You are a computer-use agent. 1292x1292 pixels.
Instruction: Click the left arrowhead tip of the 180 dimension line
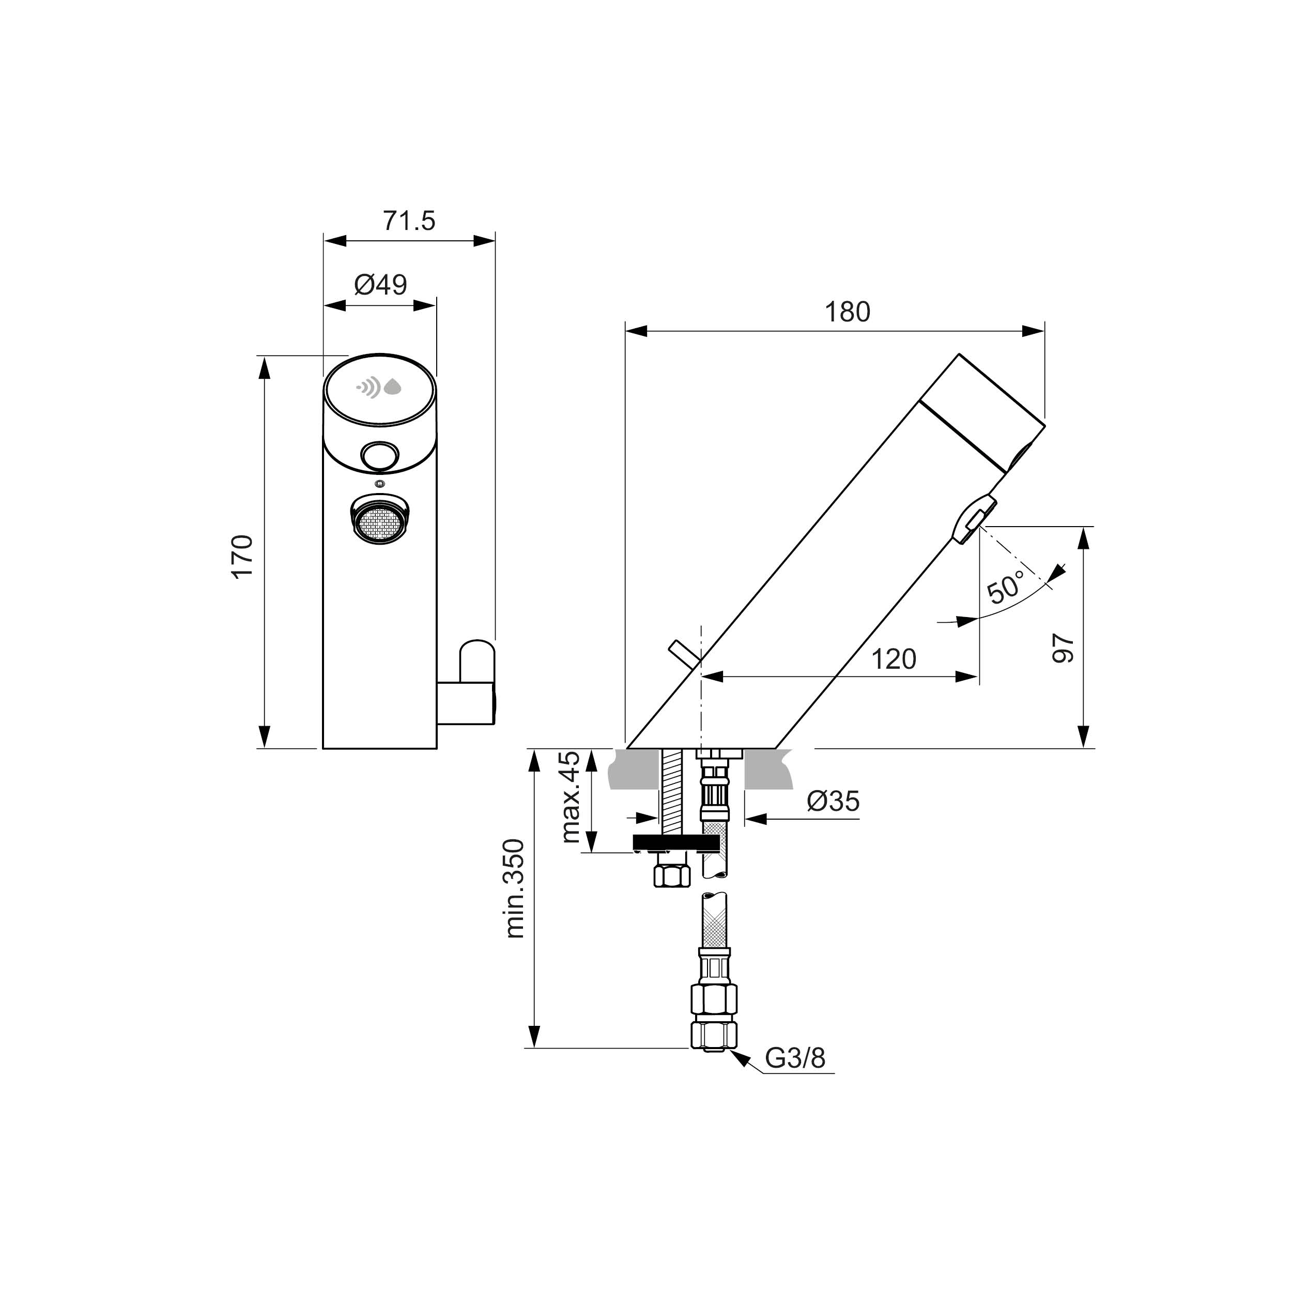pyautogui.click(x=626, y=330)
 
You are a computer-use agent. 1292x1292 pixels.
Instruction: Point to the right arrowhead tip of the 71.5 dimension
pyautogui.click(x=495, y=240)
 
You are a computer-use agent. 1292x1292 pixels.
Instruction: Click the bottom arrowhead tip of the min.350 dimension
pyautogui.click(x=534, y=1048)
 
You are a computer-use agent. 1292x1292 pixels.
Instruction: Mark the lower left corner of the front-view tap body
pyautogui.click(x=324, y=748)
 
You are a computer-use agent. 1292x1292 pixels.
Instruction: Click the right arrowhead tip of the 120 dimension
pyautogui.click(x=978, y=677)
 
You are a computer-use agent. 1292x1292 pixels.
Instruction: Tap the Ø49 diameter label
pyautogui.click(x=380, y=286)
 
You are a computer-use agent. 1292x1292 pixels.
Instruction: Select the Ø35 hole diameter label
pyautogui.click(x=833, y=801)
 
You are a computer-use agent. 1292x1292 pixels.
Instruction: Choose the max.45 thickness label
pyautogui.click(x=571, y=796)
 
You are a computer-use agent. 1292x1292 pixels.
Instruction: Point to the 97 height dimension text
pyautogui.click(x=1063, y=648)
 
